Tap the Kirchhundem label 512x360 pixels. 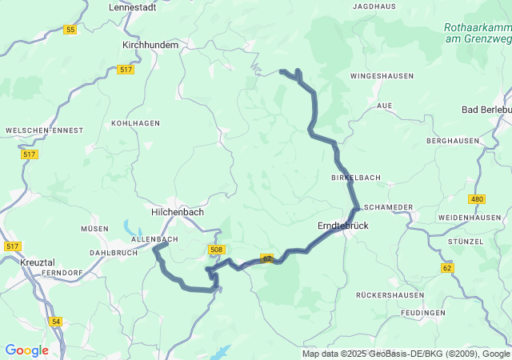click(150, 46)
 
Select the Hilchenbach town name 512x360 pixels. click(178, 212)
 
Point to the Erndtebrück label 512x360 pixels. click(343, 226)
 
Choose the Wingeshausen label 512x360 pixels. click(382, 76)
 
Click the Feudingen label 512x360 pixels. click(424, 313)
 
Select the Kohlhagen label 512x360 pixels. click(130, 123)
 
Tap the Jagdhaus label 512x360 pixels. click(374, 6)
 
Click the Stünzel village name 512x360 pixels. click(466, 241)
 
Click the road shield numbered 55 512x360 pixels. click(70, 30)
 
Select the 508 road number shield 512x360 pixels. click(216, 250)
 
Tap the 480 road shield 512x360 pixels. click(478, 198)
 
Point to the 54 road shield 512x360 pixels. click(55, 321)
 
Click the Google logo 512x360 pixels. click(26, 350)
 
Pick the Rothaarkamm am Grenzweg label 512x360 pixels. click(478, 33)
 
